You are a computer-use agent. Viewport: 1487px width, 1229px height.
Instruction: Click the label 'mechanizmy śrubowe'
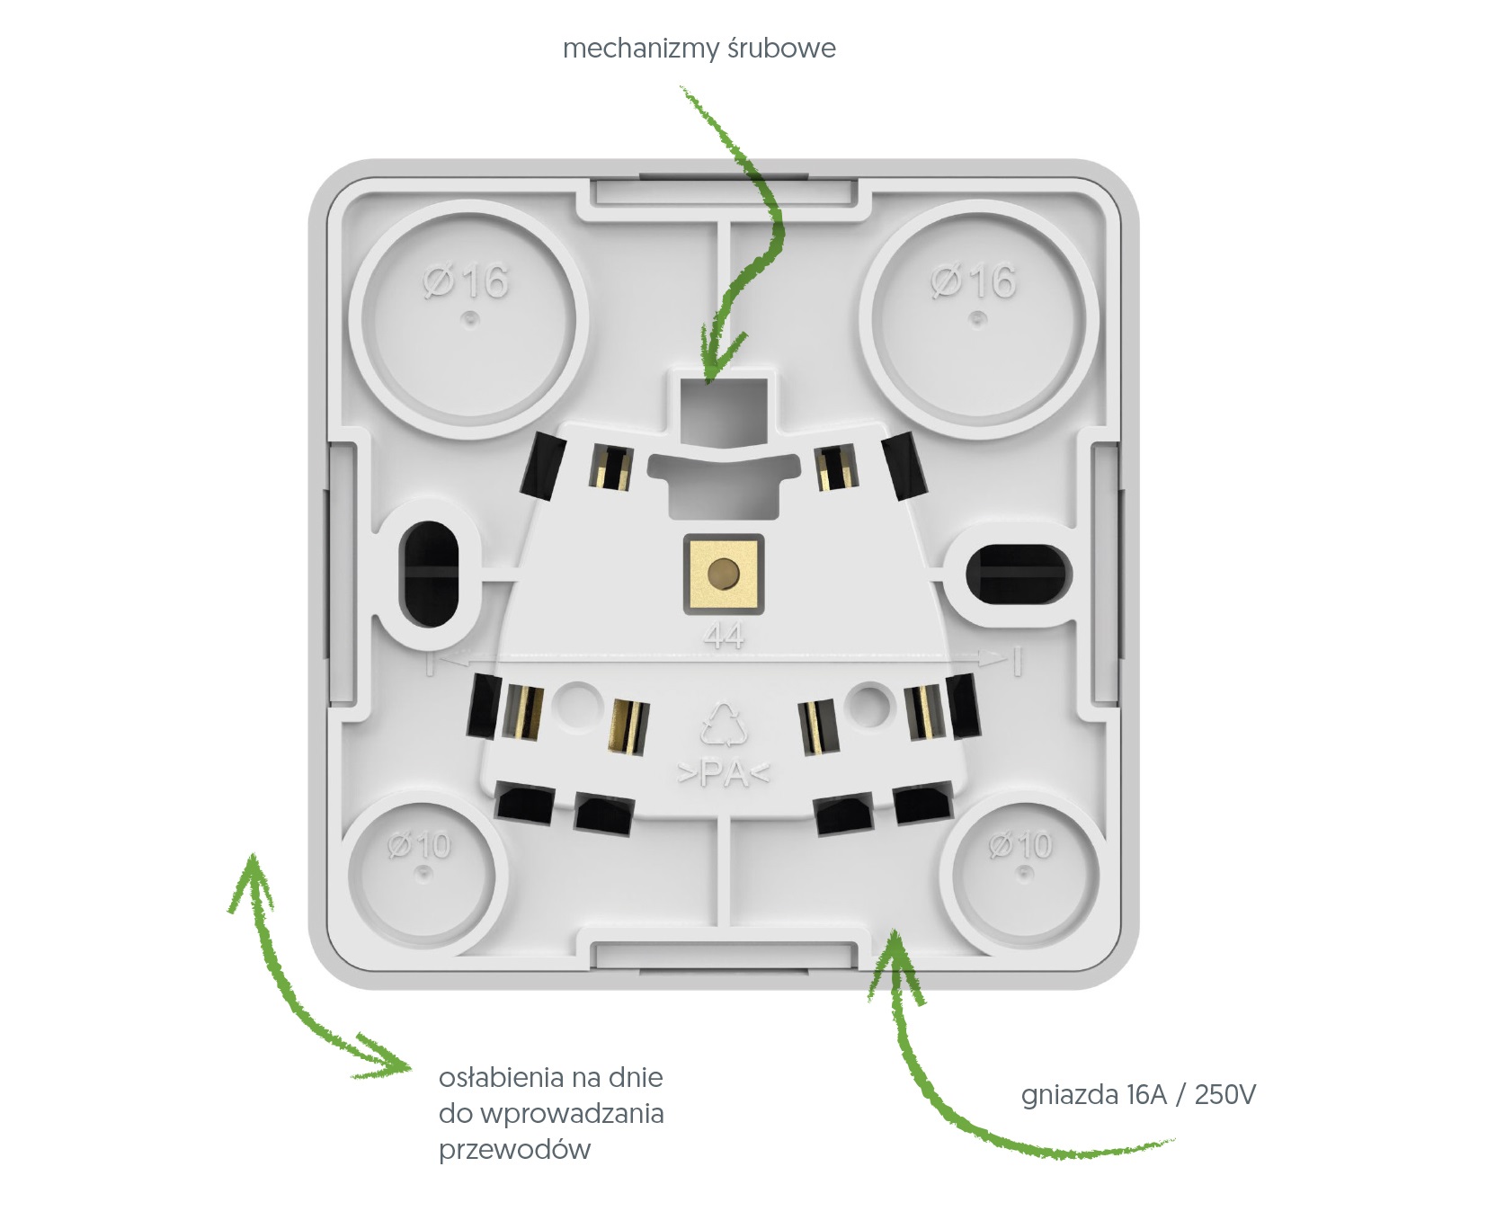(x=699, y=48)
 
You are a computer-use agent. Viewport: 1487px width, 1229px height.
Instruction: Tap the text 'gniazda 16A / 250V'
(x=1138, y=1094)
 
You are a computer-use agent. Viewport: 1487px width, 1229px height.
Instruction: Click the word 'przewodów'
(x=514, y=1150)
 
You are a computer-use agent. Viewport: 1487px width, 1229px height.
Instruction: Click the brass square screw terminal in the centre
(x=724, y=573)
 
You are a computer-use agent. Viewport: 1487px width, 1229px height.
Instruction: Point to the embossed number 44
(x=725, y=636)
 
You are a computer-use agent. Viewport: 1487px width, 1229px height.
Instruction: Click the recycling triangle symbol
(x=724, y=725)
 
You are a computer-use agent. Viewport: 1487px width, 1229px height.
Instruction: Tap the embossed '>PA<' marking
(x=724, y=772)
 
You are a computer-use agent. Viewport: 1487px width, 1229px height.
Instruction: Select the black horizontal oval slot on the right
(x=1019, y=573)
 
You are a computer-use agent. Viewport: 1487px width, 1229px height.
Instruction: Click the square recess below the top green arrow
(x=724, y=412)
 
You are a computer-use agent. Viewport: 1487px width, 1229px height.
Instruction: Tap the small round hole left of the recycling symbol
(x=576, y=702)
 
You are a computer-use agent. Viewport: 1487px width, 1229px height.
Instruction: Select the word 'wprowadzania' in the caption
(x=572, y=1114)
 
